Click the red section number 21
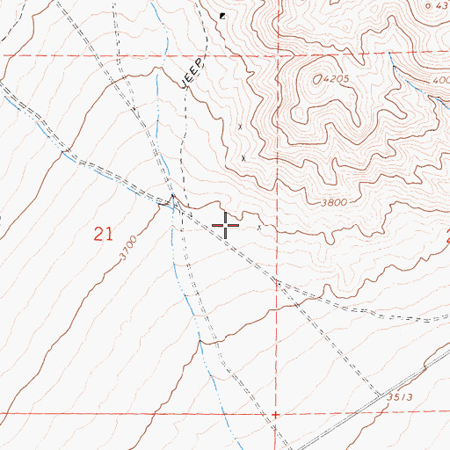[104, 233]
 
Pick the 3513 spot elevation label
[400, 397]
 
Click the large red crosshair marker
[226, 225]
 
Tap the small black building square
[223, 16]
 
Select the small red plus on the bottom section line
[275, 414]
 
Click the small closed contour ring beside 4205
[315, 78]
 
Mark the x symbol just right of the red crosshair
[259, 226]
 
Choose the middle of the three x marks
[243, 158]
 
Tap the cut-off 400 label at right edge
[440, 81]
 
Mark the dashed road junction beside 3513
[379, 393]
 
